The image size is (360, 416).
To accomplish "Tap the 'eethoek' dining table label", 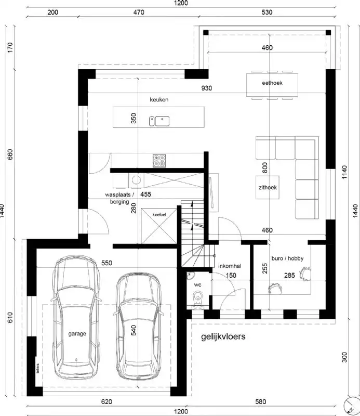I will tap(272, 84).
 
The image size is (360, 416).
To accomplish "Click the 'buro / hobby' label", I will tap(287, 258).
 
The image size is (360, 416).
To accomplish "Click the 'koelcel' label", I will tap(159, 214).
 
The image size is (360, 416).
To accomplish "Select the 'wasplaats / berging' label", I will tap(119, 198).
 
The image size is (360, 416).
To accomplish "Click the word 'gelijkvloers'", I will tap(223, 337).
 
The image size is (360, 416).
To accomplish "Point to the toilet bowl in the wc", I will tap(198, 298).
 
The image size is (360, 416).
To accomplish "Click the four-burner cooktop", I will tap(159, 161).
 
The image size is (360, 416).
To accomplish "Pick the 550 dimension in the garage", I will tap(107, 263).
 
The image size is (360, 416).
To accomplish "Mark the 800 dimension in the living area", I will tap(264, 167).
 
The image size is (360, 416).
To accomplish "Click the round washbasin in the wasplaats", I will tap(136, 180).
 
